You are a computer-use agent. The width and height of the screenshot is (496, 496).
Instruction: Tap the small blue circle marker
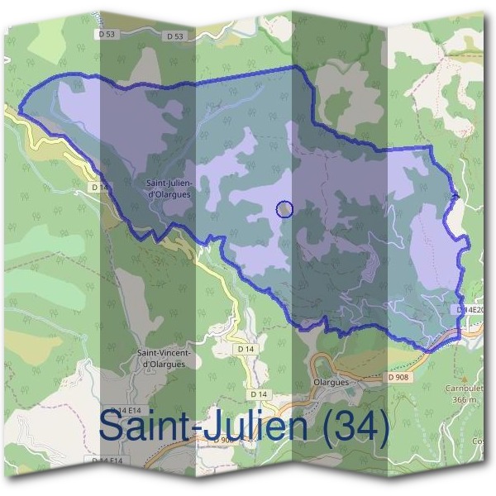click(284, 209)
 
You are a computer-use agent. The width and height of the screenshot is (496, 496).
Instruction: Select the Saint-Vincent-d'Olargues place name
click(166, 358)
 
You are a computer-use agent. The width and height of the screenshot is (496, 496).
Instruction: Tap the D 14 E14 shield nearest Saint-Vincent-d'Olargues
click(124, 411)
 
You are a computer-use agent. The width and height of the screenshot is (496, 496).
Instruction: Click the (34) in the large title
click(355, 427)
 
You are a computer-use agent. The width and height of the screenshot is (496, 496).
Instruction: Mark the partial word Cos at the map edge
click(479, 441)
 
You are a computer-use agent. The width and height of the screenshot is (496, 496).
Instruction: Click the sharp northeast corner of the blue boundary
click(431, 147)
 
